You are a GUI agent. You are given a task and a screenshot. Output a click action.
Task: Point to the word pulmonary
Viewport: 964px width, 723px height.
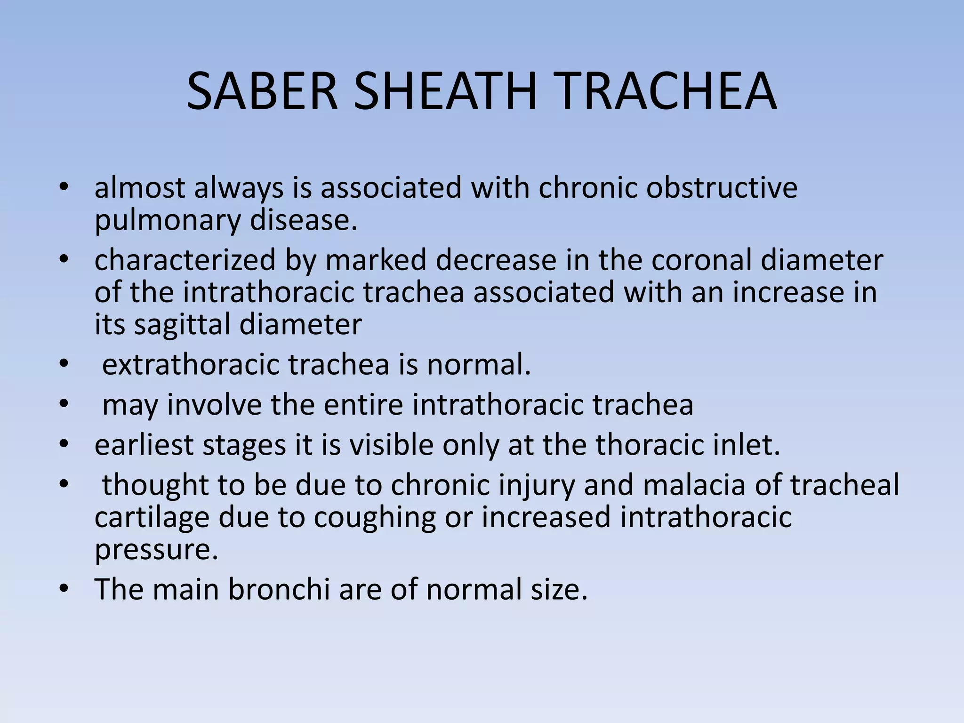(x=167, y=221)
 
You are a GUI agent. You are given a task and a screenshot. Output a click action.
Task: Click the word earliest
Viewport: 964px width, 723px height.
(x=144, y=445)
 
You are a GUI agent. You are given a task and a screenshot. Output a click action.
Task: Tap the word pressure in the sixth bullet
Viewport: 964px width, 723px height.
(x=156, y=549)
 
